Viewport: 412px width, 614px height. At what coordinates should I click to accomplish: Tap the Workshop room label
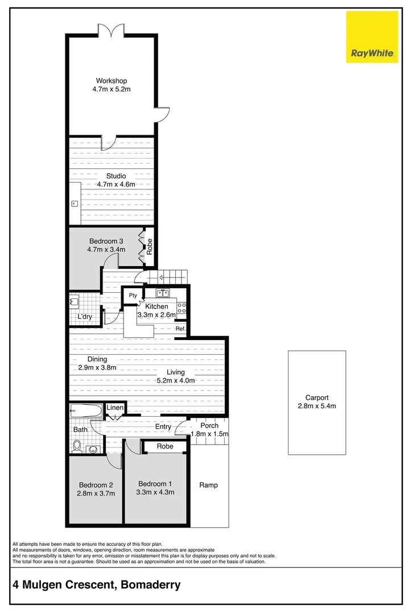coord(111,81)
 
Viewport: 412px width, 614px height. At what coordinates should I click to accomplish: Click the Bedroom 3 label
coord(105,241)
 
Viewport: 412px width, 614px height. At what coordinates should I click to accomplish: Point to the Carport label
coord(317,398)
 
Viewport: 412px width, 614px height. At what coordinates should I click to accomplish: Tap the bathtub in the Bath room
coord(86,411)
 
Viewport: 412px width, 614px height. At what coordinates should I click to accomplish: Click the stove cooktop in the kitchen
coord(182,308)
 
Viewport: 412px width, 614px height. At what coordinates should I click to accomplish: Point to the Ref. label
coord(180,329)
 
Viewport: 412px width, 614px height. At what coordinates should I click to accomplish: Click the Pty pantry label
coord(133,295)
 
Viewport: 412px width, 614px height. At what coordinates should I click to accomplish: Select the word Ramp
coord(208,485)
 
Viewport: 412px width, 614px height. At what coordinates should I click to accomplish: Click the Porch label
coord(209,426)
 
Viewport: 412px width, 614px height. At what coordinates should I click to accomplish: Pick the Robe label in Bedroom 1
coord(165,447)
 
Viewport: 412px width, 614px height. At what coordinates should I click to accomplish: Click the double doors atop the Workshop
coord(111,30)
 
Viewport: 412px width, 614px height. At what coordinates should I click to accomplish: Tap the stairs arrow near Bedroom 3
coord(162,278)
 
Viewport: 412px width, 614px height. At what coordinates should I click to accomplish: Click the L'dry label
coord(85,317)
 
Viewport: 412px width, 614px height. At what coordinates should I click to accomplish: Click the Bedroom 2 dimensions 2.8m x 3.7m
coord(96,493)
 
